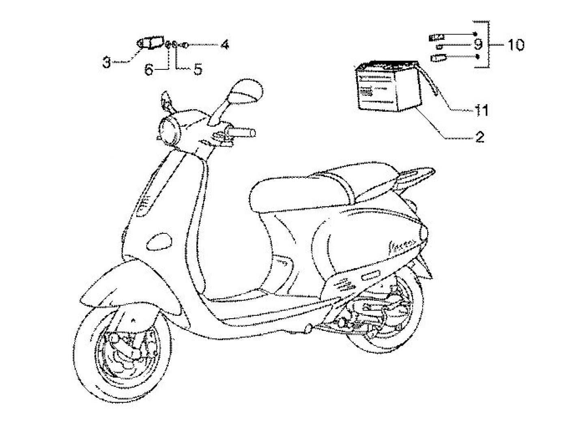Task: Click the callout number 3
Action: [106, 63]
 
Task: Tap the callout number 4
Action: [224, 44]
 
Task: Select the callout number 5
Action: [197, 69]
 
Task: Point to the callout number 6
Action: [149, 70]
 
